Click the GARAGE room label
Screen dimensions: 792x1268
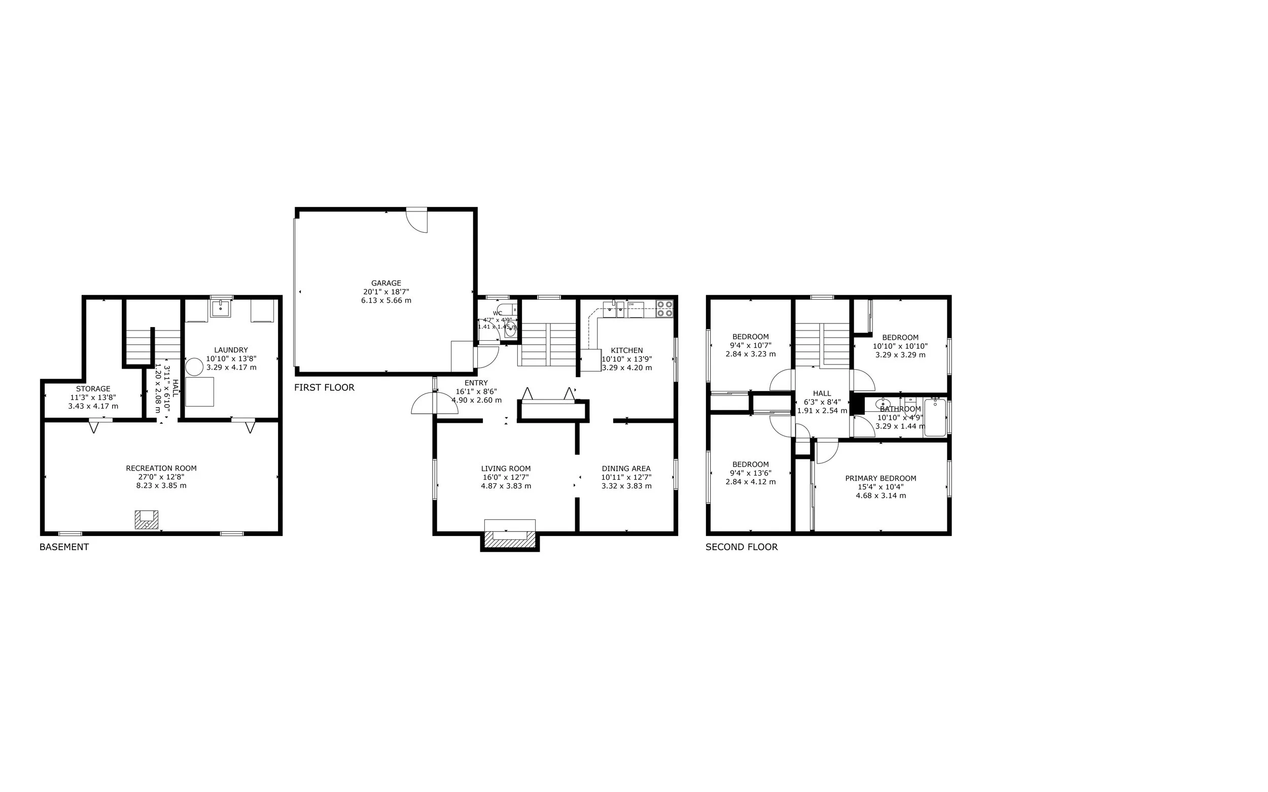pyautogui.click(x=386, y=283)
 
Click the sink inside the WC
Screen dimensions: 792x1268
pyautogui.click(x=510, y=331)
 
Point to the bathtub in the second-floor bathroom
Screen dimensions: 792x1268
pyautogui.click(x=935, y=418)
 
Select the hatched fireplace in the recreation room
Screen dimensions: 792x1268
pyautogui.click(x=146, y=520)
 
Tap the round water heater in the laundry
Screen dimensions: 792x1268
pyautogui.click(x=194, y=367)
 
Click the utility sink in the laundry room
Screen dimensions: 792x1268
pyautogui.click(x=221, y=308)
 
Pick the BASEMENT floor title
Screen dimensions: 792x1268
pyautogui.click(x=64, y=548)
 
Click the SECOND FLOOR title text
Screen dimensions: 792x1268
pyautogui.click(x=742, y=548)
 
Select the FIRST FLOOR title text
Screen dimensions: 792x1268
pyautogui.click(x=324, y=387)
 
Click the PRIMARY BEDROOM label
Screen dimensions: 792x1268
pyautogui.click(x=880, y=478)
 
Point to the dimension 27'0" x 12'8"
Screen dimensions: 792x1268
pyautogui.click(x=161, y=477)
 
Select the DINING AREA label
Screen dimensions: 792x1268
pyautogui.click(x=626, y=469)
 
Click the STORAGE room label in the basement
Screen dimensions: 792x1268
pyautogui.click(x=93, y=389)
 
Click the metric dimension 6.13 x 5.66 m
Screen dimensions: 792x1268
pyautogui.click(x=386, y=301)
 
